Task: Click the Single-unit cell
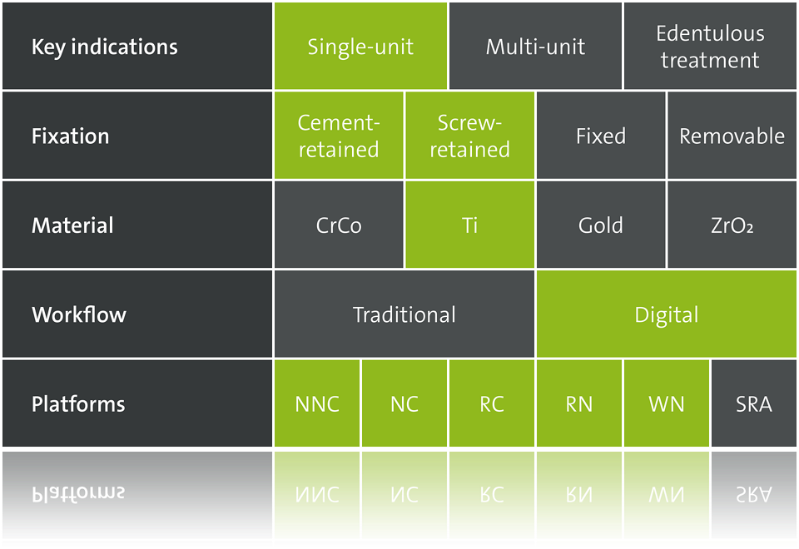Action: [x=360, y=47]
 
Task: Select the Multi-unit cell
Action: [x=535, y=47]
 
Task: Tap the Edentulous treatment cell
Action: [x=710, y=47]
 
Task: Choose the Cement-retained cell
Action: [x=339, y=136]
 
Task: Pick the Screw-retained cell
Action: [x=469, y=136]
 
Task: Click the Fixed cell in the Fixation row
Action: [x=601, y=136]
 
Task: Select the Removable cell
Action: [x=732, y=136]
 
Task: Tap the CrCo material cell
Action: [x=339, y=225]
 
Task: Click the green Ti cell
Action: [x=469, y=225]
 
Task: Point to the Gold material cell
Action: [x=601, y=225]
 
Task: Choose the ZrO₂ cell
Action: [x=732, y=225]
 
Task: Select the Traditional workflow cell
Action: [x=404, y=314]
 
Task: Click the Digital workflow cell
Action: [x=667, y=314]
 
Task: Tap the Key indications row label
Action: [x=105, y=47]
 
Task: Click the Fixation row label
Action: [x=70, y=136]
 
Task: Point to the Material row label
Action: [x=72, y=225]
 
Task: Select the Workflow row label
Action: [x=79, y=314]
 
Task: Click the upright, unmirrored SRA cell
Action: [x=754, y=403]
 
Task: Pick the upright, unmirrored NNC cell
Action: [x=317, y=403]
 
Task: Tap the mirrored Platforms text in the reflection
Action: [x=78, y=493]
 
